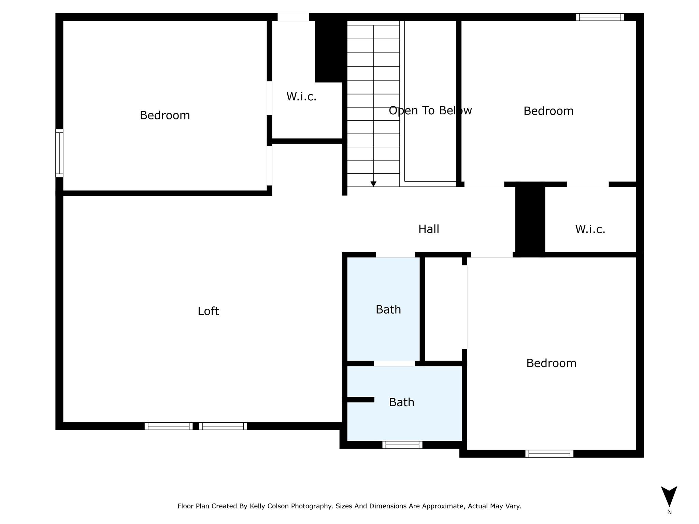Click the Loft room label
tap(208, 311)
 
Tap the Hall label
tap(429, 229)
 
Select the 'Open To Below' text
tap(430, 111)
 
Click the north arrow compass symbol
tap(669, 497)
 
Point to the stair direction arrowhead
tap(373, 184)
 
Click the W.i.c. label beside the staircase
tap(301, 97)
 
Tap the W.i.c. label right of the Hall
tap(590, 229)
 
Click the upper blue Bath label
tap(388, 309)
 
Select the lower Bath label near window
tap(401, 402)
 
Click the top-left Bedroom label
tap(165, 115)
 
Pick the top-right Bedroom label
tap(548, 111)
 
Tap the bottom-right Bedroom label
tap(551, 363)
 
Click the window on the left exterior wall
tap(59, 153)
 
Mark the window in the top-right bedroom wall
tap(600, 17)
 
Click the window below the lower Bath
tap(402, 445)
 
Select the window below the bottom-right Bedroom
tap(549, 454)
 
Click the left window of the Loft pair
tap(169, 426)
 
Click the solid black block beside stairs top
tap(328, 51)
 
